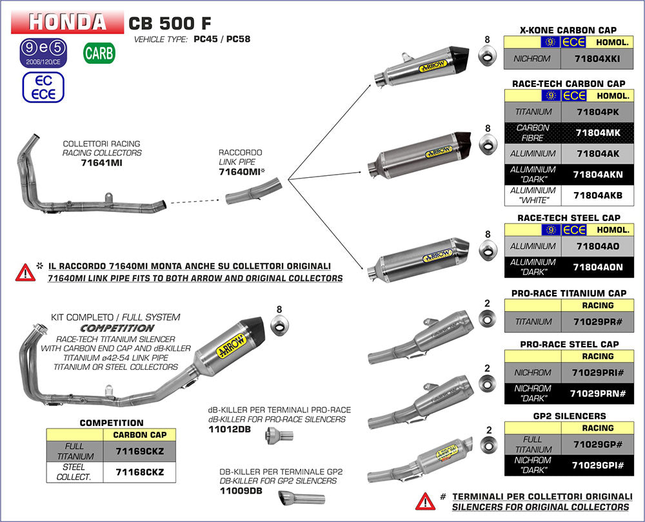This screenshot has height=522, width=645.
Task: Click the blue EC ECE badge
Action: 43,86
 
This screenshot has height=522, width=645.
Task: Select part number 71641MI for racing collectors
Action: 101,163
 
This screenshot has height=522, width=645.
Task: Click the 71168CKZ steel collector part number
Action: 139,472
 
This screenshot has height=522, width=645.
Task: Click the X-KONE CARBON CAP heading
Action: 568,30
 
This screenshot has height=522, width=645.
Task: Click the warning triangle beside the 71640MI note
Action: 25,271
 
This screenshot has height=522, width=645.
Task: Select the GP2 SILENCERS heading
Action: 568,416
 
